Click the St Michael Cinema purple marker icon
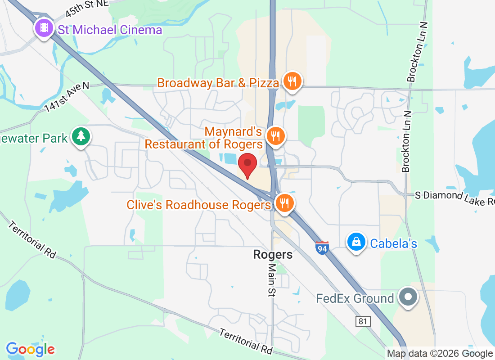(44, 28)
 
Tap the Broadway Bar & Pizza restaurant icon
(292, 81)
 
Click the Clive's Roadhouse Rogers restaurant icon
(284, 203)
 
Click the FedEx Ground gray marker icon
(409, 297)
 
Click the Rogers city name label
(273, 255)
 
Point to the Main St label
(272, 279)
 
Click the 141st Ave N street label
(67, 97)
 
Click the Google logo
(31, 349)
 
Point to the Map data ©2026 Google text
(440, 354)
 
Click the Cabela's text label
(393, 244)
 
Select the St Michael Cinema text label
(110, 30)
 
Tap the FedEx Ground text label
(355, 298)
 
